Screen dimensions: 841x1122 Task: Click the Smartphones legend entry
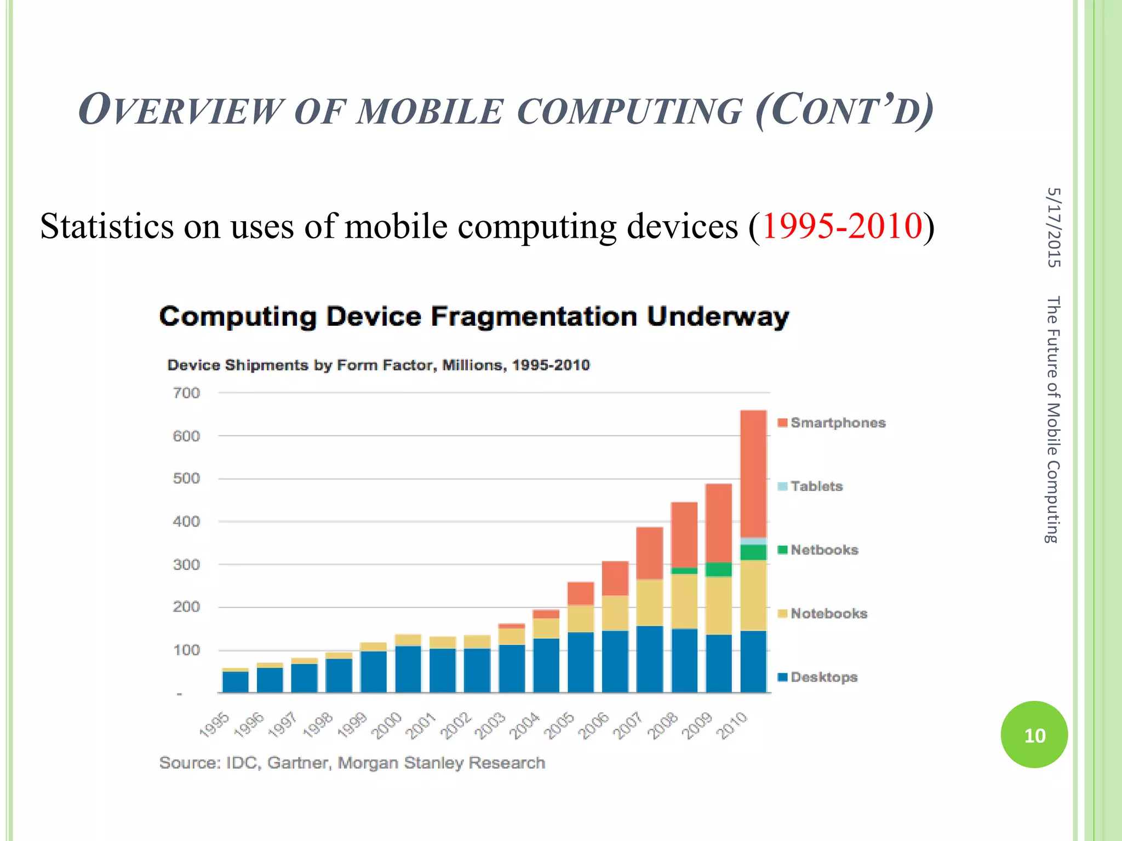coord(832,423)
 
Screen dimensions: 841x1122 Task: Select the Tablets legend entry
coord(811,486)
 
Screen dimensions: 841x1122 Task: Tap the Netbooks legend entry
coord(818,550)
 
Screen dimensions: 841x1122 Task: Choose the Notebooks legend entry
coord(823,614)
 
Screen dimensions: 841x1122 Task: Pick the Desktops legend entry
coord(818,677)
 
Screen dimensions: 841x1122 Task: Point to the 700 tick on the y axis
coord(186,393)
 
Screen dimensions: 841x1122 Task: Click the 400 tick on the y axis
coord(186,522)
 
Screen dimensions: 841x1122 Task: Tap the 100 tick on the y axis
coord(186,650)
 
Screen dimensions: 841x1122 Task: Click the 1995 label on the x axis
coord(214,725)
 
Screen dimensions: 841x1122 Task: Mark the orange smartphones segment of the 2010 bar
coord(753,474)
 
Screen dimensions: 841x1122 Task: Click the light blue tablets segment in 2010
coord(753,541)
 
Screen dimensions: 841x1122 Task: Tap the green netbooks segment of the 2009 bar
coord(719,569)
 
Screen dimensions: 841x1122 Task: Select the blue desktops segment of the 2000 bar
coord(408,669)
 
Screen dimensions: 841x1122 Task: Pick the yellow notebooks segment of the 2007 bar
coord(650,602)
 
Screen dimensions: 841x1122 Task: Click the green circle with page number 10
coord(1034,735)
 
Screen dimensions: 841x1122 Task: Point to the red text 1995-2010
coord(842,226)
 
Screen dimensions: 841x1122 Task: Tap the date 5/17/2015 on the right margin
coord(1053,227)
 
